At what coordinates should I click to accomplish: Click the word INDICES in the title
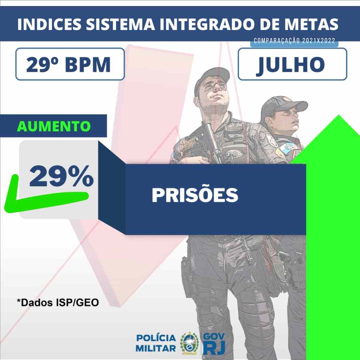(49, 24)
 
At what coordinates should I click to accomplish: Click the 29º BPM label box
(70, 64)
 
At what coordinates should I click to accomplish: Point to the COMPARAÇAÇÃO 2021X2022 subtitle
(294, 41)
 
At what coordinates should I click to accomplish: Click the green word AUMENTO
(54, 126)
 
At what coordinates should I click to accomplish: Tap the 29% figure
(61, 176)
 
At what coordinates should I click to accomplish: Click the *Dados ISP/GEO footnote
(58, 302)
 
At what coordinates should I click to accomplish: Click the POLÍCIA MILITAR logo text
(156, 343)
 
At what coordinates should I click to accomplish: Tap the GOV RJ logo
(214, 343)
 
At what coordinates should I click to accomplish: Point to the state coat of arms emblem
(189, 343)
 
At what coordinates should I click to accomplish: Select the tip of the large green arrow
(339, 115)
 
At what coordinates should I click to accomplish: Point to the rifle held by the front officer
(212, 142)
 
